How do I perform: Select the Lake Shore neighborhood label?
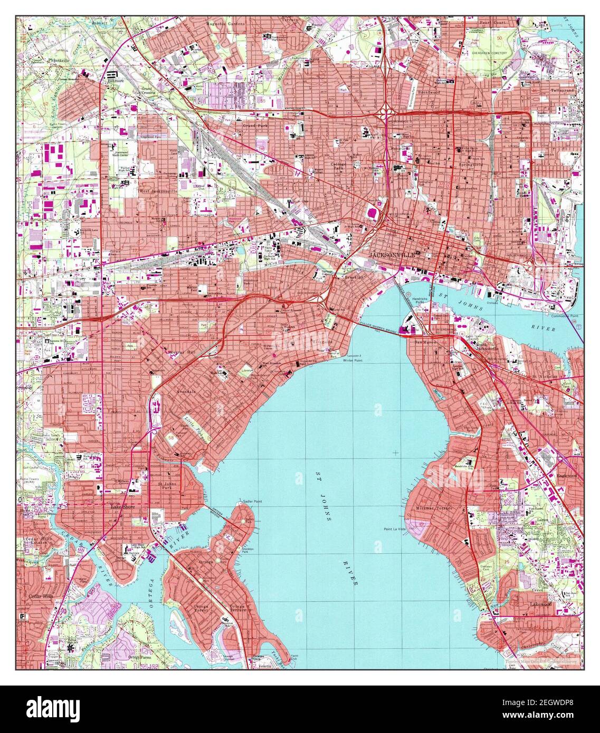coord(123,507)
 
